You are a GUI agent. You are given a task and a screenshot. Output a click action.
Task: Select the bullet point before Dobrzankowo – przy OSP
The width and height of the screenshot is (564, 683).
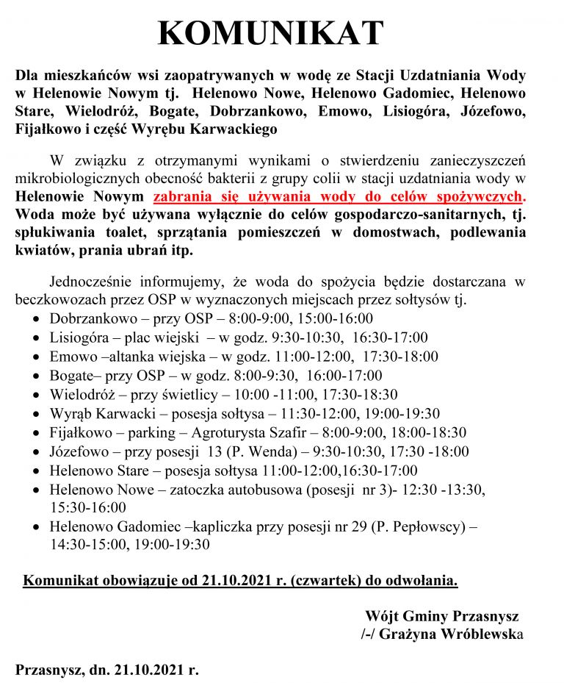(37, 319)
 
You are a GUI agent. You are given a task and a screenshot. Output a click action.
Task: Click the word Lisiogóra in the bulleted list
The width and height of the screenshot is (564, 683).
(79, 337)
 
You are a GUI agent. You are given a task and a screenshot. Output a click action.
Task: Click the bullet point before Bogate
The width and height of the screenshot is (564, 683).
(37, 376)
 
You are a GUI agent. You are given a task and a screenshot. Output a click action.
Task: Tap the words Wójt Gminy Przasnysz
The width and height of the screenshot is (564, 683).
(441, 615)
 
